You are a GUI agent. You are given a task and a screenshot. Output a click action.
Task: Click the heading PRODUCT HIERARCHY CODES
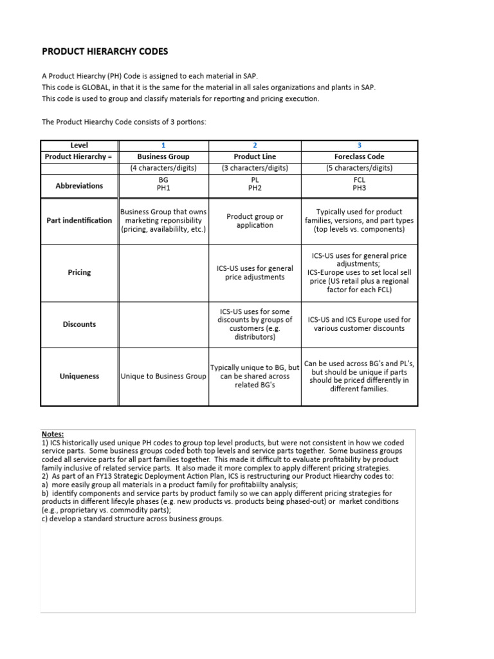(x=104, y=51)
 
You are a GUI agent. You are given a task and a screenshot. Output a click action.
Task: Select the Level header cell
(x=79, y=145)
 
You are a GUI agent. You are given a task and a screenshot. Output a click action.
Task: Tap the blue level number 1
(x=163, y=145)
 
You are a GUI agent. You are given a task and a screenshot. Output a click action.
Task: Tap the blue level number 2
(x=255, y=145)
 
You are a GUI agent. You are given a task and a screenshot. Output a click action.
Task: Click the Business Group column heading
(x=163, y=156)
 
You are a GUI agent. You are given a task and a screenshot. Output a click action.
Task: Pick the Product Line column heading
(x=255, y=156)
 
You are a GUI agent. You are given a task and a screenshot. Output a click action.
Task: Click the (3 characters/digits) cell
(x=255, y=168)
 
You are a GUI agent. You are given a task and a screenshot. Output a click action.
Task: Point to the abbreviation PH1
(x=163, y=190)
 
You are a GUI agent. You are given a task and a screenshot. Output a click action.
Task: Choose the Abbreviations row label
(x=79, y=185)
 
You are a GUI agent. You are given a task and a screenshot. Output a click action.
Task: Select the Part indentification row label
(x=79, y=220)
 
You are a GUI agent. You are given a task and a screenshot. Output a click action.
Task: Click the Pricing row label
(x=79, y=272)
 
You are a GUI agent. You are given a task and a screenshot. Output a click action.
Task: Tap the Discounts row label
(x=79, y=324)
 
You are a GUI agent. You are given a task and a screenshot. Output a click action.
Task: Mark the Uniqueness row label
(x=79, y=376)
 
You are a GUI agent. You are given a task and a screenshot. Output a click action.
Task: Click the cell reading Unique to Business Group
(x=163, y=376)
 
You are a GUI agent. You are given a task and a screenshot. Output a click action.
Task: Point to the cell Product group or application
(x=255, y=221)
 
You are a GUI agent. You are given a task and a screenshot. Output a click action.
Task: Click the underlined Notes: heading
(x=53, y=434)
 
